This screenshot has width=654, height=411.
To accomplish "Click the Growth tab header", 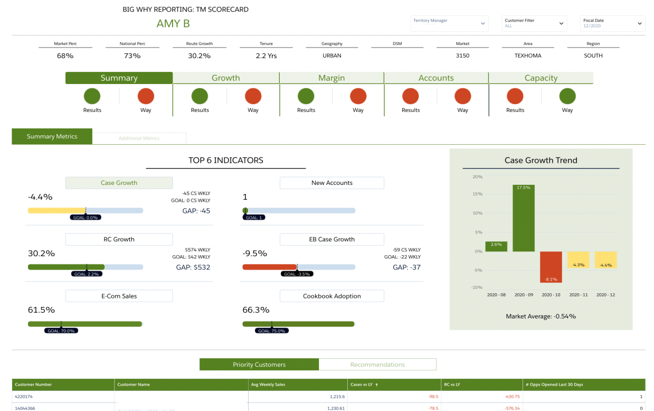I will (226, 78).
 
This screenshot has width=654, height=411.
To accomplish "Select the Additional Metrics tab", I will (139, 138).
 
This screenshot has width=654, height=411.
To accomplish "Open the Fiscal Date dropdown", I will (612, 23).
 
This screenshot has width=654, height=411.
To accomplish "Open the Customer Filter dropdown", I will (534, 23).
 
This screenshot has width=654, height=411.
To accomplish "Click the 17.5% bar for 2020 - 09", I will (524, 218).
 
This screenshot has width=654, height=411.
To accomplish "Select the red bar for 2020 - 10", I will (551, 267).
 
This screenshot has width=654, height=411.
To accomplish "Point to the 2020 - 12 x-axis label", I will (605, 295).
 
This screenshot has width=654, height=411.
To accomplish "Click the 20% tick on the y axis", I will (477, 177).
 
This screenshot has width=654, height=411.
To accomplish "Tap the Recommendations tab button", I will (377, 365).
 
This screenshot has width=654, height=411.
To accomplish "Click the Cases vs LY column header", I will (364, 385).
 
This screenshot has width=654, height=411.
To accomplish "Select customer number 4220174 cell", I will (24, 397).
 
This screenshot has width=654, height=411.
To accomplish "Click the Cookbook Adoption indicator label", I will (331, 296).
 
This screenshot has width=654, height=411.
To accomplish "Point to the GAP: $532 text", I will (193, 267).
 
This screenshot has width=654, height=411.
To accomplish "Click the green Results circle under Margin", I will (306, 97).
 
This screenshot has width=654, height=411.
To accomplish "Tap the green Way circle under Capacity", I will (567, 97).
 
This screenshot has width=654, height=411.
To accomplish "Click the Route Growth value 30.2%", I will (199, 55).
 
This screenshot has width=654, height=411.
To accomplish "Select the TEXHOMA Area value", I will (528, 55).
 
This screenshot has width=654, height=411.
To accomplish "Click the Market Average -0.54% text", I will (541, 316).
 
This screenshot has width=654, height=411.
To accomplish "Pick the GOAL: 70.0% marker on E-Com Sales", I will (61, 331).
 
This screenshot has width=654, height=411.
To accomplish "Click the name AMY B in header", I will (173, 24).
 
